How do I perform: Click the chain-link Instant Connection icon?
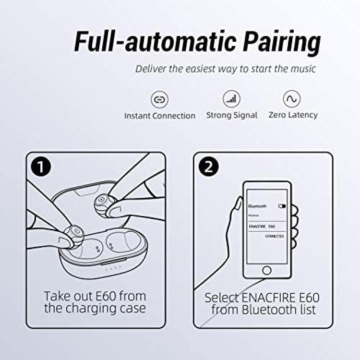click(x=159, y=99)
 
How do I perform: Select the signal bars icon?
click(x=231, y=99)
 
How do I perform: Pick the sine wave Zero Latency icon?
click(x=291, y=99)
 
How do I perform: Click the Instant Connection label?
click(x=160, y=116)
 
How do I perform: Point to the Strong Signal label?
click(x=232, y=115)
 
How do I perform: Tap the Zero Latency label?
click(x=293, y=115)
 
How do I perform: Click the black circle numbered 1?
click(x=41, y=167)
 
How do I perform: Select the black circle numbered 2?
click(x=208, y=167)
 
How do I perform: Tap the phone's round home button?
click(x=266, y=270)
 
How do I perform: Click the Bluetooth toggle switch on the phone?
click(x=282, y=206)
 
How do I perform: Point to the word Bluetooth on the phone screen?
click(x=257, y=206)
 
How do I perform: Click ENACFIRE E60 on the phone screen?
click(x=262, y=227)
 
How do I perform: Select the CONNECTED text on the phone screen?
click(x=275, y=236)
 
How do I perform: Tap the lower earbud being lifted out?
click(x=74, y=235)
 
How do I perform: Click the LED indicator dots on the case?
click(x=113, y=268)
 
